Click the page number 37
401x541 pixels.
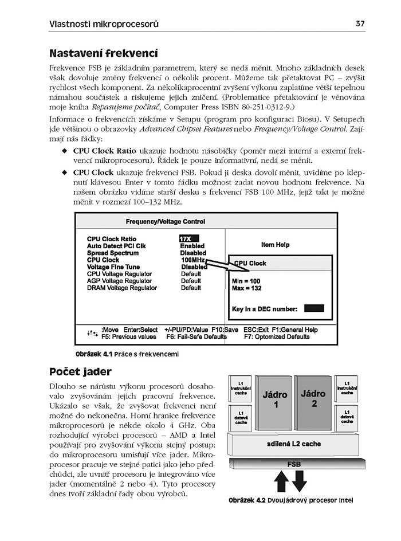[360, 23]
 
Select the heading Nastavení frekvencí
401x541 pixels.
[104, 54]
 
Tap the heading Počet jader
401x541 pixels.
[80, 372]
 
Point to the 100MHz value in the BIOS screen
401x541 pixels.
[192, 260]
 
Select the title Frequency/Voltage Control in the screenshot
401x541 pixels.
[165, 222]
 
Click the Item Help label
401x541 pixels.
[276, 245]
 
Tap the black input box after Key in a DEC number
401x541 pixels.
[314, 308]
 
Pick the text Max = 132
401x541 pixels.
[247, 288]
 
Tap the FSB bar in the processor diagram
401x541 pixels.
[294, 464]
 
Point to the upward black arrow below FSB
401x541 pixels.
[281, 481]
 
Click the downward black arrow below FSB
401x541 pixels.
[300, 481]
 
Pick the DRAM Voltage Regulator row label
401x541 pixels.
[122, 288]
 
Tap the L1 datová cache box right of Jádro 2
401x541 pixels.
[347, 417]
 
